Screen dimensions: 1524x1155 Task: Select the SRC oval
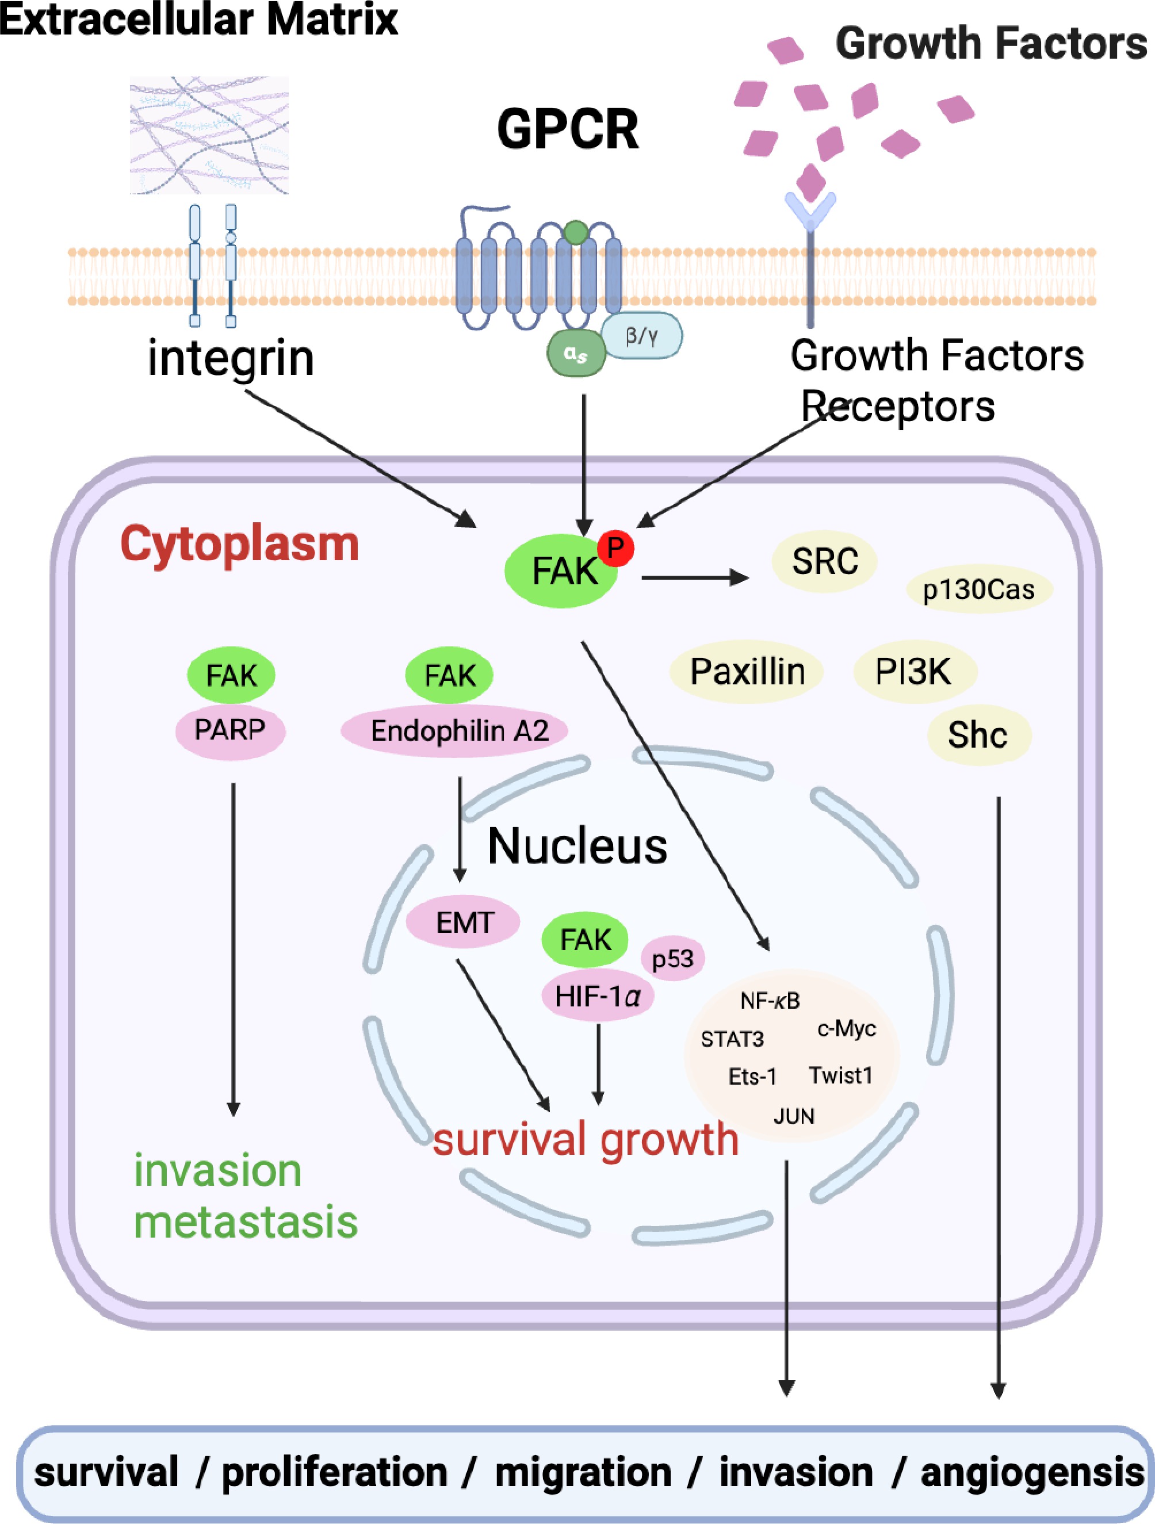[824, 561]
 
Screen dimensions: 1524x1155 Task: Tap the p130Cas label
[978, 589]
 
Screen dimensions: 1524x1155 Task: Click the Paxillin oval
[747, 672]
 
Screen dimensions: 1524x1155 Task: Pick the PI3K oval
[914, 672]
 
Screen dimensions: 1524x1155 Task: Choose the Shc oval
[978, 735]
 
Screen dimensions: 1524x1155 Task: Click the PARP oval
[230, 730]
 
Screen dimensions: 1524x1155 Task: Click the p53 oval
[672, 958]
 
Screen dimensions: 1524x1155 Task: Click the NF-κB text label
[770, 1001]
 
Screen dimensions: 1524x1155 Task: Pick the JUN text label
[794, 1116]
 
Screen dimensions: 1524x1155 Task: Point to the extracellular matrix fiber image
[209, 135]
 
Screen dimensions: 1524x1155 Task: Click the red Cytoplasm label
[240, 544]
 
